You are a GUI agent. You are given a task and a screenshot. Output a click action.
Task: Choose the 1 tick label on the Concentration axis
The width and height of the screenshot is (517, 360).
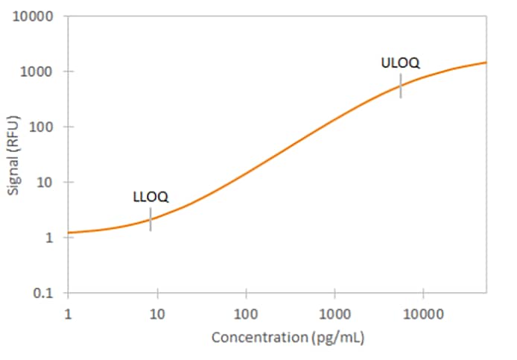tap(68, 313)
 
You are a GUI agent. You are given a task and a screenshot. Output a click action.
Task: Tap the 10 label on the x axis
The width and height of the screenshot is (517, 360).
tap(156, 313)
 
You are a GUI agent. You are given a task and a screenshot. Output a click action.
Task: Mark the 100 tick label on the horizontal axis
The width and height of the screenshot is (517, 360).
tap(245, 313)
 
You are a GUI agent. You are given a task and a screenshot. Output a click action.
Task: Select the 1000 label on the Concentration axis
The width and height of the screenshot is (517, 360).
tap(334, 313)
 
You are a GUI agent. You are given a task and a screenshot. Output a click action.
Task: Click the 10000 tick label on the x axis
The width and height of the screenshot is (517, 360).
tap(422, 313)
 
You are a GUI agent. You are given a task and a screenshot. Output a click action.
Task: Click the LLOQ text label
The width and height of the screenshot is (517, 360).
tap(150, 198)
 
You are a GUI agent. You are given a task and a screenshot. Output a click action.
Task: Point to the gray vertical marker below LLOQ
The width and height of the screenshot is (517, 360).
tap(150, 219)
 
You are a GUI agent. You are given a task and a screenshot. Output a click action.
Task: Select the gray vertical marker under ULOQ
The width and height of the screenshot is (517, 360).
tap(401, 86)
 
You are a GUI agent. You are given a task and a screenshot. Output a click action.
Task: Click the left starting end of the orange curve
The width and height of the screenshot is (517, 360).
tap(69, 233)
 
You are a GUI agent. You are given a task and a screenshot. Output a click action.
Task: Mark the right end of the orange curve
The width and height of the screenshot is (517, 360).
tap(486, 63)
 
